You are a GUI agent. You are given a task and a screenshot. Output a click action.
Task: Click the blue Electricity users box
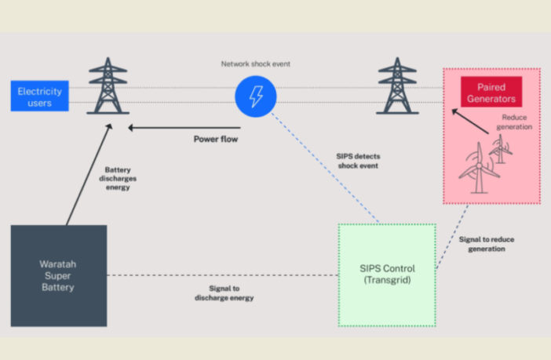[x=39, y=96]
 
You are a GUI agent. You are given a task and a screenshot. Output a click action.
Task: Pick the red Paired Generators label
[x=491, y=93]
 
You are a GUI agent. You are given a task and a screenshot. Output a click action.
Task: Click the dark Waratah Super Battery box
[x=59, y=275]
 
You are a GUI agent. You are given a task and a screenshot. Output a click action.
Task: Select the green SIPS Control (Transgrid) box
[x=387, y=275]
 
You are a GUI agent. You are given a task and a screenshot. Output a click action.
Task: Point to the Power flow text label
[x=216, y=140]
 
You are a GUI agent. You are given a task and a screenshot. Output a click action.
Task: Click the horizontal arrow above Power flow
[x=185, y=125]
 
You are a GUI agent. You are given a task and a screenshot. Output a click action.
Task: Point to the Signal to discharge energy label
[x=224, y=293]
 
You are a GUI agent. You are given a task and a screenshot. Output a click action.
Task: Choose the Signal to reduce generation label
[x=482, y=243]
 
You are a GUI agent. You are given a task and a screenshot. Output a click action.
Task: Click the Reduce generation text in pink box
[x=516, y=122]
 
